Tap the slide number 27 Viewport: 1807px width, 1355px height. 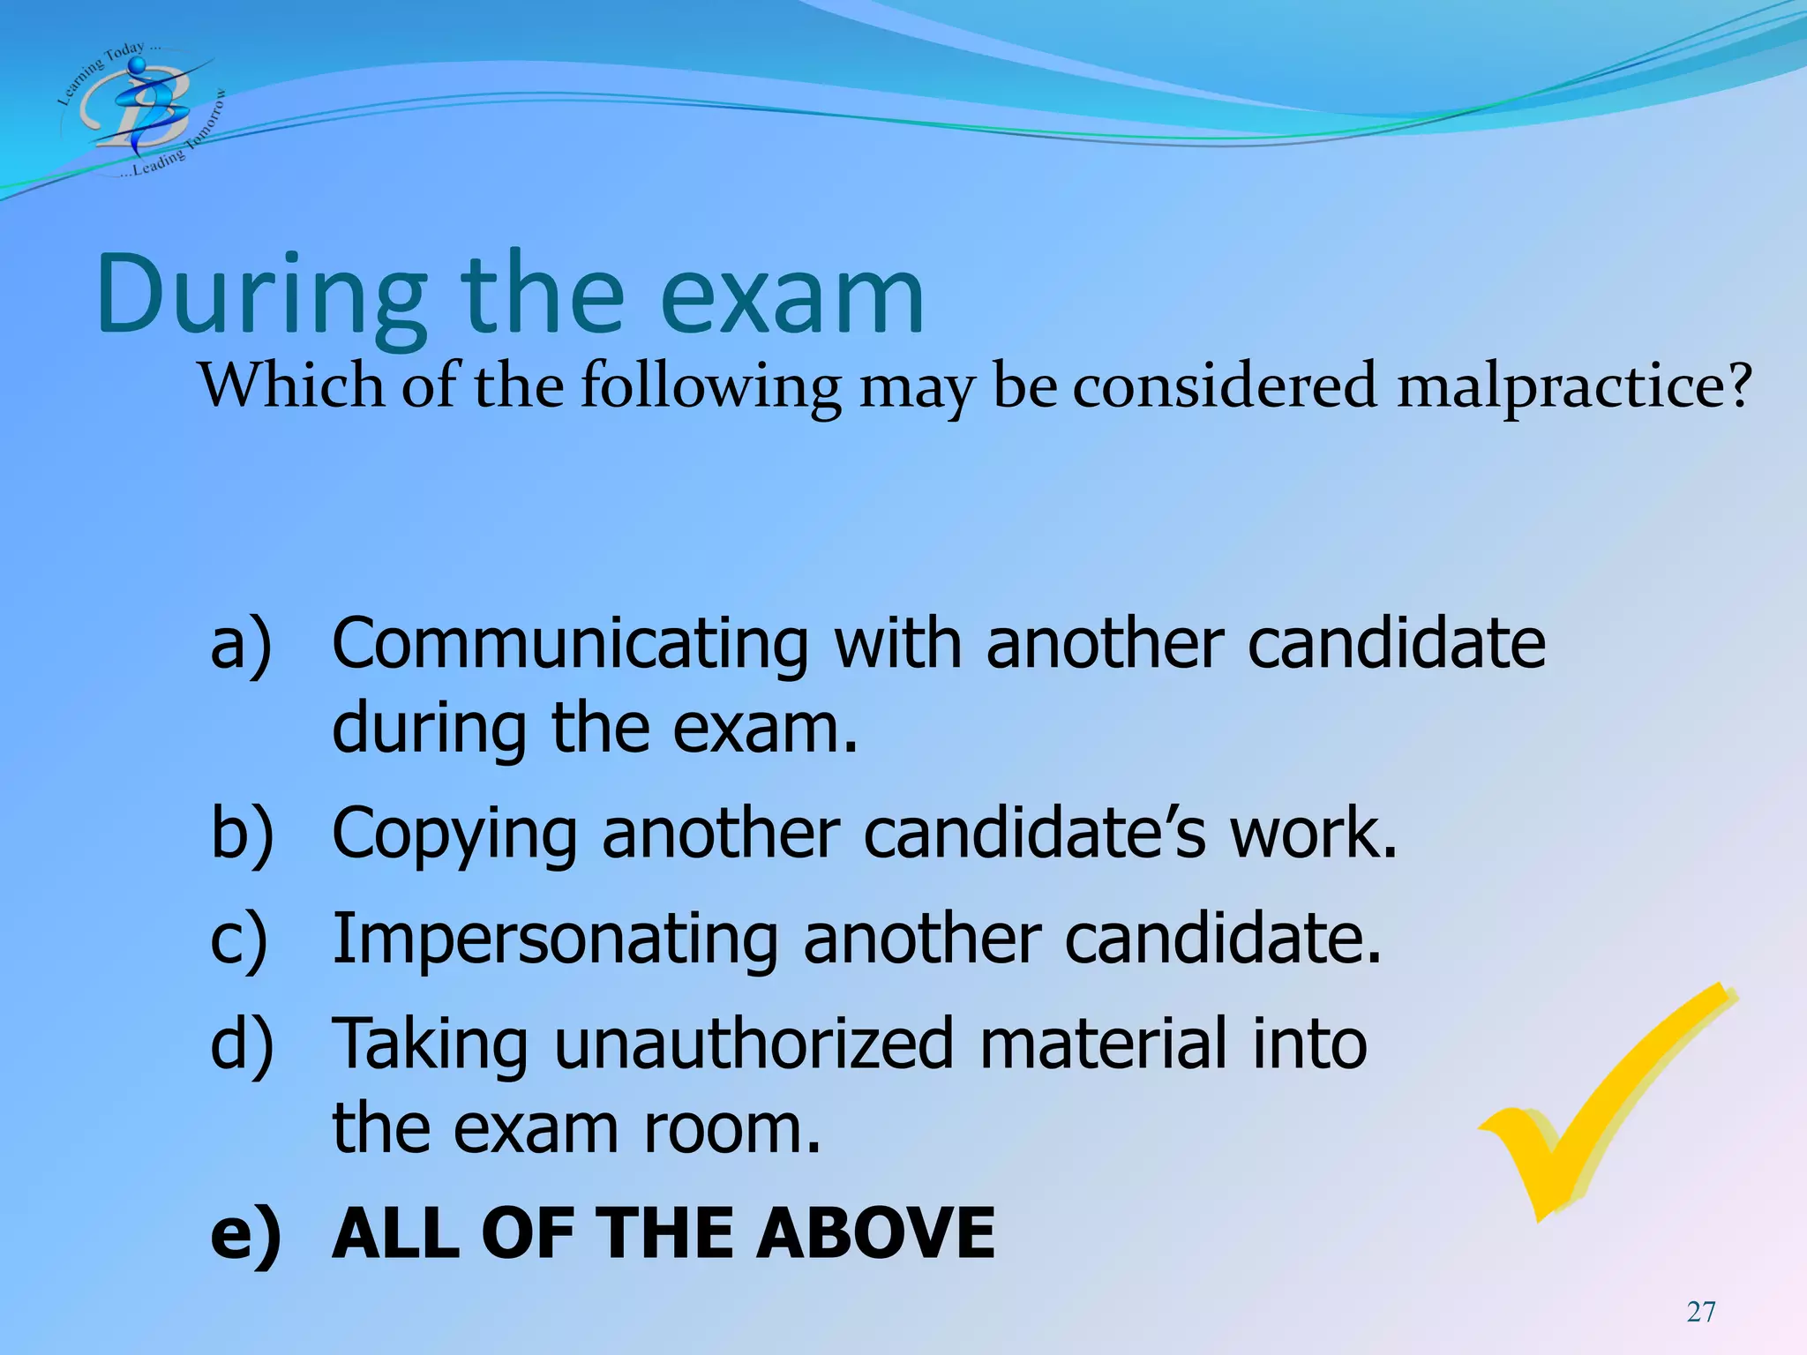click(x=1701, y=1312)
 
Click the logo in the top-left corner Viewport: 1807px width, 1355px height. click(x=141, y=109)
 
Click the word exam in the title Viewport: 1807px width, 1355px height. click(x=791, y=296)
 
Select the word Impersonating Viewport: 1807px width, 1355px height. click(x=555, y=939)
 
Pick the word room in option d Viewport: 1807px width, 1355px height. click(x=731, y=1129)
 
